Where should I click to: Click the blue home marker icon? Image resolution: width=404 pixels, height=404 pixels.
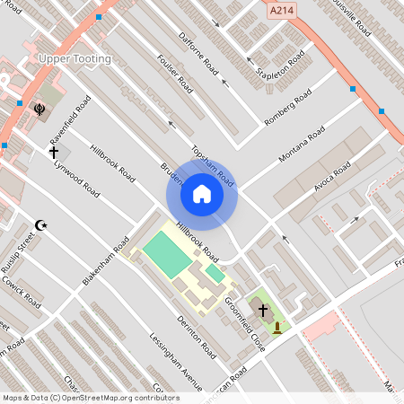(201, 193)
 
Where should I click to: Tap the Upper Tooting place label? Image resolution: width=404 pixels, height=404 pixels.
(75, 59)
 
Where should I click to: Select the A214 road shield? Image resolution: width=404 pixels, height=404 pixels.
(281, 10)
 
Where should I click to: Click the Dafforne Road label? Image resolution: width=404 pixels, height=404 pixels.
(199, 54)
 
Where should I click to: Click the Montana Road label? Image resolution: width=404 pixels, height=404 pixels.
(303, 145)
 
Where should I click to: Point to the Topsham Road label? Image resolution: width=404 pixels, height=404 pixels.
(213, 165)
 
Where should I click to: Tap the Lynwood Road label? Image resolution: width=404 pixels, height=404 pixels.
(76, 176)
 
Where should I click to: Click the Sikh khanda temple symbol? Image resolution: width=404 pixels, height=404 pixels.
(40, 110)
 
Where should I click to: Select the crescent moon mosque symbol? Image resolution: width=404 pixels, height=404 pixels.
(40, 224)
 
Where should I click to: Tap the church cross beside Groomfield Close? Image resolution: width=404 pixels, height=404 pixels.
(264, 310)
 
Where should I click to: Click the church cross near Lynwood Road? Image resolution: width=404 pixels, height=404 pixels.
(54, 154)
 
